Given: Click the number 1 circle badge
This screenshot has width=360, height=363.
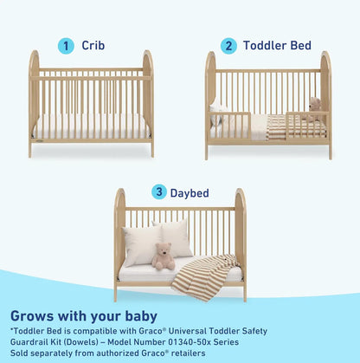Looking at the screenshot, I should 65,45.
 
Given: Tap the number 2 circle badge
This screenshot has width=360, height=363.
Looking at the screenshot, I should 228,45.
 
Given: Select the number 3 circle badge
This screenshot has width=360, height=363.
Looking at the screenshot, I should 159,191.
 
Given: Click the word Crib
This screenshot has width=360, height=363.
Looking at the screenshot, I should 94,45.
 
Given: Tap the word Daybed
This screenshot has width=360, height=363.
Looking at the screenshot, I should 189,192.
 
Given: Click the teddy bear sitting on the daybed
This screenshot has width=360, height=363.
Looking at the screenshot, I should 161,256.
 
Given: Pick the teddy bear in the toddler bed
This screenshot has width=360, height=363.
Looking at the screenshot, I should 313,109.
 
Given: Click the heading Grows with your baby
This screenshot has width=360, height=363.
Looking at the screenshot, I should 84,316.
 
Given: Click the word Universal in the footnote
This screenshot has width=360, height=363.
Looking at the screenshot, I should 200,331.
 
